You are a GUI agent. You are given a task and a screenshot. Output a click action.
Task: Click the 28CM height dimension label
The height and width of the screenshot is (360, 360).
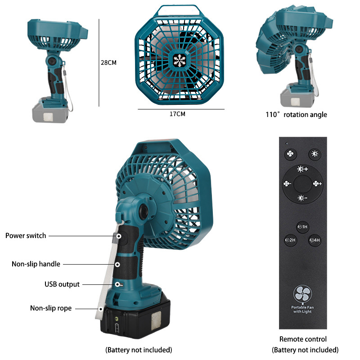108,63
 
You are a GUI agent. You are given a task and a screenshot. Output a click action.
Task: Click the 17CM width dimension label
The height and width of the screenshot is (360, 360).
177,114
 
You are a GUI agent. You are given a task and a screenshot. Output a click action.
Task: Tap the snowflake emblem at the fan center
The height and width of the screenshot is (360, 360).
180,61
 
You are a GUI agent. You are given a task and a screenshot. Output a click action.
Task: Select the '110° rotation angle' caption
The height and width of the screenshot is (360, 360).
296,115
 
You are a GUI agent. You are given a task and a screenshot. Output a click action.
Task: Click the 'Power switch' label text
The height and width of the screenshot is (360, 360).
26,236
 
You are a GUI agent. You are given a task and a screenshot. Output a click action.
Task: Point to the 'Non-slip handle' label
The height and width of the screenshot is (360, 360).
36,264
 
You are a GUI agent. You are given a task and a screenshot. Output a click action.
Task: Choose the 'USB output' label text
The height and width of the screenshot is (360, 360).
62,284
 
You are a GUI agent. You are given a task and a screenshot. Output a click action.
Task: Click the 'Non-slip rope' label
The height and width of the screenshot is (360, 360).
51,308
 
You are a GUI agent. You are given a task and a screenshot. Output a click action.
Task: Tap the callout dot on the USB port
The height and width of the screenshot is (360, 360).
117,285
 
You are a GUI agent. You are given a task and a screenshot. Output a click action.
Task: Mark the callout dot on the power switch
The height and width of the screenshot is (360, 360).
119,236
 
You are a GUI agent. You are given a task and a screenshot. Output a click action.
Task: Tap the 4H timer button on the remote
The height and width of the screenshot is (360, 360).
315,240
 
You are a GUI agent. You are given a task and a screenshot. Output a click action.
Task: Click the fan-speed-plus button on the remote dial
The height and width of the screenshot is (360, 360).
317,184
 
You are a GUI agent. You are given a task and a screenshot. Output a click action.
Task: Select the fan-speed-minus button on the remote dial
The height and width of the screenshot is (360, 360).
287,184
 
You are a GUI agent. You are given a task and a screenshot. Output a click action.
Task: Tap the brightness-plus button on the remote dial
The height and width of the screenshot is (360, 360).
302,169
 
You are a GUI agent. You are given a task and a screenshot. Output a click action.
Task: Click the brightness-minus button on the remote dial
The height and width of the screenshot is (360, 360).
302,198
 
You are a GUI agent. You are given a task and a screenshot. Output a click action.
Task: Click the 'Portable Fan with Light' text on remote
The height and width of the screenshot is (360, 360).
302,309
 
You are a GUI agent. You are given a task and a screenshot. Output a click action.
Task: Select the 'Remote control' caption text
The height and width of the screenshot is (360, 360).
303,339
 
